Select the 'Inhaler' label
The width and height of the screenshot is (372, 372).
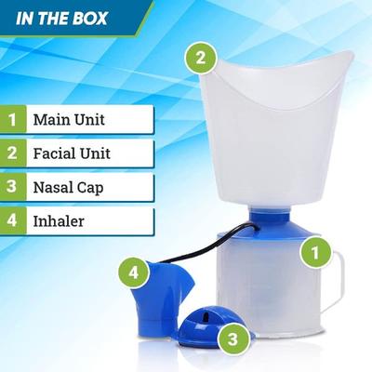(59, 220)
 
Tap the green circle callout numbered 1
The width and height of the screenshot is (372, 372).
(315, 250)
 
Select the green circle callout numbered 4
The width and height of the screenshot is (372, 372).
(134, 273)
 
